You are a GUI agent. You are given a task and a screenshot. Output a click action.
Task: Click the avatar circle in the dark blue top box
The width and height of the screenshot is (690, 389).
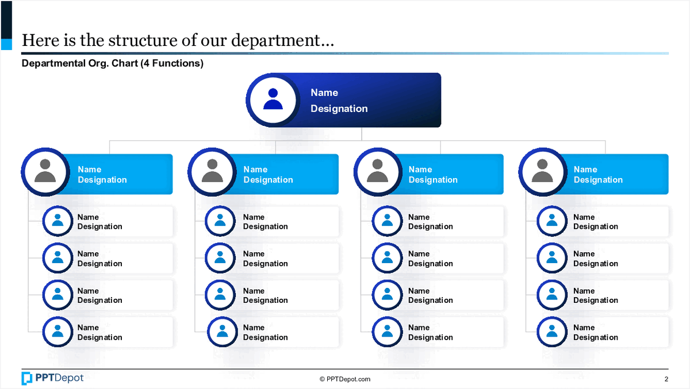pos(273,100)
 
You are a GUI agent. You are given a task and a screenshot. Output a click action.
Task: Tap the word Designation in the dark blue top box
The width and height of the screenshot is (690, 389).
pos(339,109)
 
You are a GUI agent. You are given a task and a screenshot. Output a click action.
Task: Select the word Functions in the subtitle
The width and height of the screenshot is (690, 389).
pos(175,63)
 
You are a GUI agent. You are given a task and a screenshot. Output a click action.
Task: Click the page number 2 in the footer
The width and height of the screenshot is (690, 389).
pos(666,379)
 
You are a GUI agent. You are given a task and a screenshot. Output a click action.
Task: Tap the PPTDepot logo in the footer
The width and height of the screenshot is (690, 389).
pos(52,378)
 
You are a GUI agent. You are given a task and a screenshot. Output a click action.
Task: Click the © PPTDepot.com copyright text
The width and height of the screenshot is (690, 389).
pos(344,379)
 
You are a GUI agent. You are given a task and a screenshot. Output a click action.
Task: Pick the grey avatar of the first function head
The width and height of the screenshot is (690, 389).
pos(45,172)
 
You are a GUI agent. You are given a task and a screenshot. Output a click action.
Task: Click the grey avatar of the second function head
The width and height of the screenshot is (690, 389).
pos(212,172)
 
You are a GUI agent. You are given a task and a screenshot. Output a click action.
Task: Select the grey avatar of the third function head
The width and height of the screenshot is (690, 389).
pos(378,172)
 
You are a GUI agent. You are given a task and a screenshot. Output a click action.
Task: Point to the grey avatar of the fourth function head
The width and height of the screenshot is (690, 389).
pos(543,172)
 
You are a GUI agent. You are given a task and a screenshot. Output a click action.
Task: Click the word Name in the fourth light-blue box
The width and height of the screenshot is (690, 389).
pos(585,170)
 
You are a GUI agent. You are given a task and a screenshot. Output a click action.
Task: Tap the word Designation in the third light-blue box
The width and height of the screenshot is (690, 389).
pos(433,180)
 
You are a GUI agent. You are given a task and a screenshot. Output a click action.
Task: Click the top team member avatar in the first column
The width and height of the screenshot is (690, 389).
pos(57,221)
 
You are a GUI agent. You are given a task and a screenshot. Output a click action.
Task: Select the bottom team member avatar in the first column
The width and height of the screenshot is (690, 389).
pos(57,332)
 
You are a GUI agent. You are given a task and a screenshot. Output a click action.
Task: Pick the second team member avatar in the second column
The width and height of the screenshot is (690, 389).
pos(220,258)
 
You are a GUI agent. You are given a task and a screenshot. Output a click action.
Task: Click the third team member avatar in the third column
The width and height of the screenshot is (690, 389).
pos(387,295)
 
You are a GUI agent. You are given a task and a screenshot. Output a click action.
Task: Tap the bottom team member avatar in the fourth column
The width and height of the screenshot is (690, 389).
pos(552,332)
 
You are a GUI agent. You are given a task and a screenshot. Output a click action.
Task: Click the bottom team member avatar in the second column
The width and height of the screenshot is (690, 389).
pos(222,332)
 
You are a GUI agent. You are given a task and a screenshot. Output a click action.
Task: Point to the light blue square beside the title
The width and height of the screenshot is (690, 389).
pos(6,44)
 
